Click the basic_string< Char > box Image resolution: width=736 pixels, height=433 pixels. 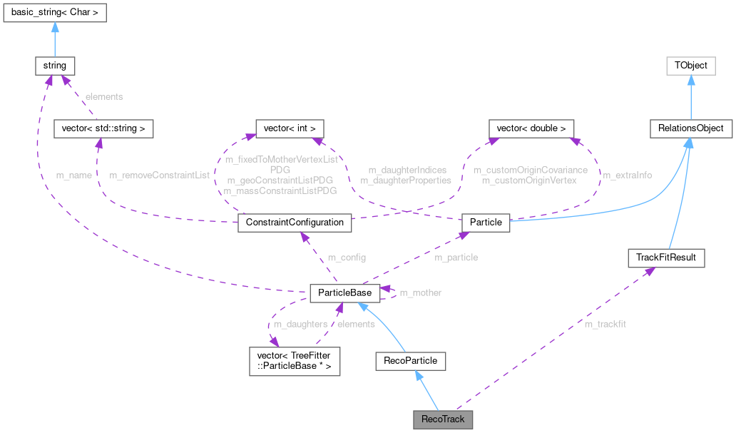pyautogui.click(x=55, y=13)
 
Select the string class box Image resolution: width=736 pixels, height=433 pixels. pyautogui.click(x=55, y=66)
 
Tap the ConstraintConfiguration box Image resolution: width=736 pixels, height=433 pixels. pyautogui.click(x=295, y=223)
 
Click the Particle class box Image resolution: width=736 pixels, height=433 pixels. pyautogui.click(x=486, y=223)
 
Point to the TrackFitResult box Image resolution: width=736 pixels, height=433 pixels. pyautogui.click(x=665, y=258)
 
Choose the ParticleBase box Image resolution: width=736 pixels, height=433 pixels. pyautogui.click(x=344, y=292)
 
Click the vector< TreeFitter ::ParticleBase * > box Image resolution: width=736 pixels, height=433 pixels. pyautogui.click(x=294, y=362)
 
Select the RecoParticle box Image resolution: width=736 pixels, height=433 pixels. pyautogui.click(x=411, y=362)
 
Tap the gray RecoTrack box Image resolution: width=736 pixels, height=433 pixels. pyautogui.click(x=443, y=419)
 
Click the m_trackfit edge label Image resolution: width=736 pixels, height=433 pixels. pyautogui.click(x=605, y=325)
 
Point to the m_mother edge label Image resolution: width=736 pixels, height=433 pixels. pyautogui.click(x=420, y=292)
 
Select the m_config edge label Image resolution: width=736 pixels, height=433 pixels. pyautogui.click(x=347, y=258)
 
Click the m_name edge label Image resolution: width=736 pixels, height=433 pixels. pyautogui.click(x=73, y=175)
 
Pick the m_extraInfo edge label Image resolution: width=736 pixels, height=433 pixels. pyautogui.click(x=627, y=175)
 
